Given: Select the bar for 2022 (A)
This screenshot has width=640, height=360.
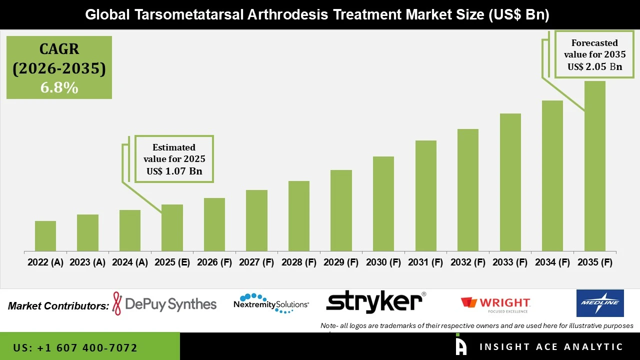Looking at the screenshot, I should point(45,236).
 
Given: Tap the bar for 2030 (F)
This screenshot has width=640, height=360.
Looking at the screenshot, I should point(383,203).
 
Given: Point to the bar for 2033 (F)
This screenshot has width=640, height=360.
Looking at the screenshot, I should point(510,182).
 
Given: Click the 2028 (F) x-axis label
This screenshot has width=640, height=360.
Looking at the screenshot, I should point(298,262).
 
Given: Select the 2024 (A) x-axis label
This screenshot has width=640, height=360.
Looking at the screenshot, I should point(129,262).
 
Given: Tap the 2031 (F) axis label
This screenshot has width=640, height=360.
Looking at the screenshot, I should point(425,262).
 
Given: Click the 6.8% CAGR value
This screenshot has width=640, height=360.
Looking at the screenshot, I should point(59,88).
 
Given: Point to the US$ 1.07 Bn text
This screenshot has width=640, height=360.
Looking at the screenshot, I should point(174,171).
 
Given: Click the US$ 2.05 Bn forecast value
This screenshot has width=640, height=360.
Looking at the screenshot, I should point(594,66).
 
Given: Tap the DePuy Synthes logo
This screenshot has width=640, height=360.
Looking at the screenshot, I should point(165,304).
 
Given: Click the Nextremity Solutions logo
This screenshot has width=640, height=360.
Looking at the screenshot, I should point(271,303).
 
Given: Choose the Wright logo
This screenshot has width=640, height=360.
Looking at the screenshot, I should point(495,304).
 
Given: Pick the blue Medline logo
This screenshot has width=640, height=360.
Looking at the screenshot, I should point(600,303).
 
